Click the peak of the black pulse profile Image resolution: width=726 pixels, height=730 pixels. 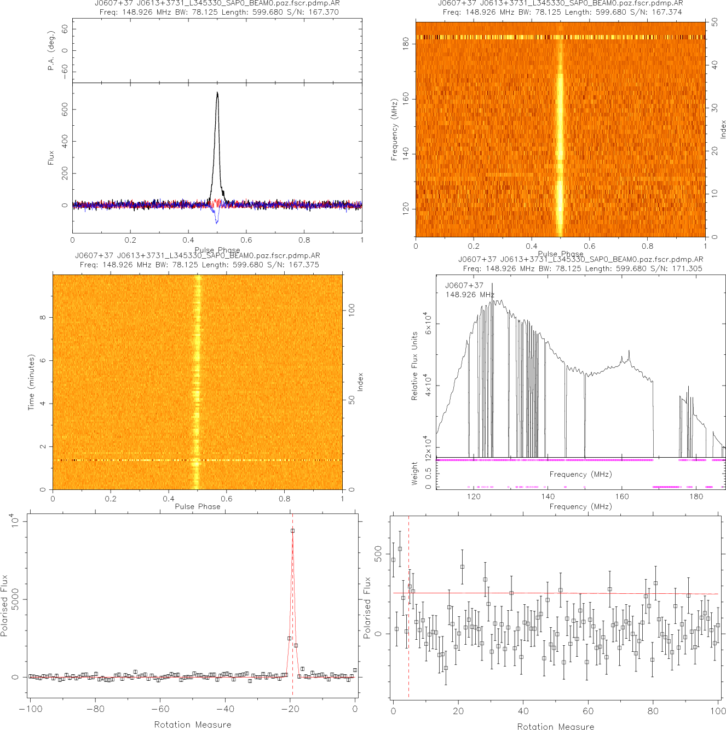pos(217,93)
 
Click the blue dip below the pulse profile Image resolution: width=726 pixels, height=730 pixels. pos(217,221)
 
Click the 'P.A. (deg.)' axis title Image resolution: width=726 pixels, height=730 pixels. pos(51,50)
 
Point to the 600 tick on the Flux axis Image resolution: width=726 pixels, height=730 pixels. pos(65,110)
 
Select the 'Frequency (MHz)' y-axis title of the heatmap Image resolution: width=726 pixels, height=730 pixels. pos(394,130)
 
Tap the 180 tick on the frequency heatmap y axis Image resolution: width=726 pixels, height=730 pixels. pos(406,43)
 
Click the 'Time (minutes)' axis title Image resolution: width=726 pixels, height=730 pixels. pos(32,382)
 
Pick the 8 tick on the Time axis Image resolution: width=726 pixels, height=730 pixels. pos(43,317)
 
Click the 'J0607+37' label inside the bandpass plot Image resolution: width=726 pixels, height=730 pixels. pos(464,285)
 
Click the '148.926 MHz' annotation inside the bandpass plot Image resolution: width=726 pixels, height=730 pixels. pos(470,295)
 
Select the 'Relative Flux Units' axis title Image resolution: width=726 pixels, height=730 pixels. pos(414,366)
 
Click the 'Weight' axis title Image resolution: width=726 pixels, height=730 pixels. pos(414,474)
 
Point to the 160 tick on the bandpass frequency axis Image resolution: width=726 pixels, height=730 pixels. pos(622,497)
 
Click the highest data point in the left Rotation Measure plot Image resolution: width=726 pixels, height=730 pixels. pos(292,530)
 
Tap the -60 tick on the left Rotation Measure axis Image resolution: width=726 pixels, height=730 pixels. pos(160,709)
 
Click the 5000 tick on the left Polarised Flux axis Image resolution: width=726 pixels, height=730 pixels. pos(15,599)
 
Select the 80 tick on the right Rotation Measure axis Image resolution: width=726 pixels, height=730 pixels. pos(653,711)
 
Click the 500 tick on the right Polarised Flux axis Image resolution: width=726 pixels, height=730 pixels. pos(378,552)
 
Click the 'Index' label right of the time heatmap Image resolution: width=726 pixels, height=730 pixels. pos(360,382)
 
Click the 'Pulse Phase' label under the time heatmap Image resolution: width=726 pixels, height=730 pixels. pos(198,506)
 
